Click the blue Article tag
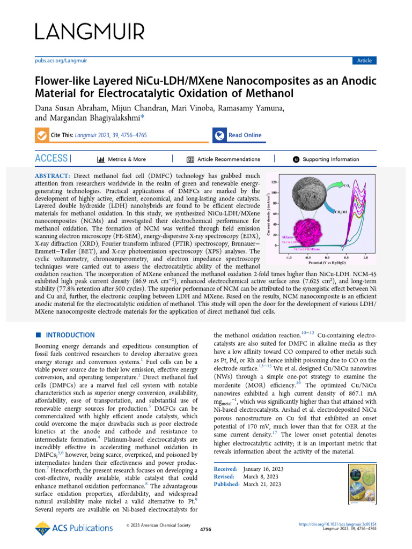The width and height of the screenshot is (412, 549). coord(364,61)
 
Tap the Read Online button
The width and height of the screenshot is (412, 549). coord(245,135)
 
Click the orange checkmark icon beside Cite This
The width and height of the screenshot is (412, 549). coord(41,135)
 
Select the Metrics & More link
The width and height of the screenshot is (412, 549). coord(122,159)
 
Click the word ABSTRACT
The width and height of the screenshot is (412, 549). coord(52,176)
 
